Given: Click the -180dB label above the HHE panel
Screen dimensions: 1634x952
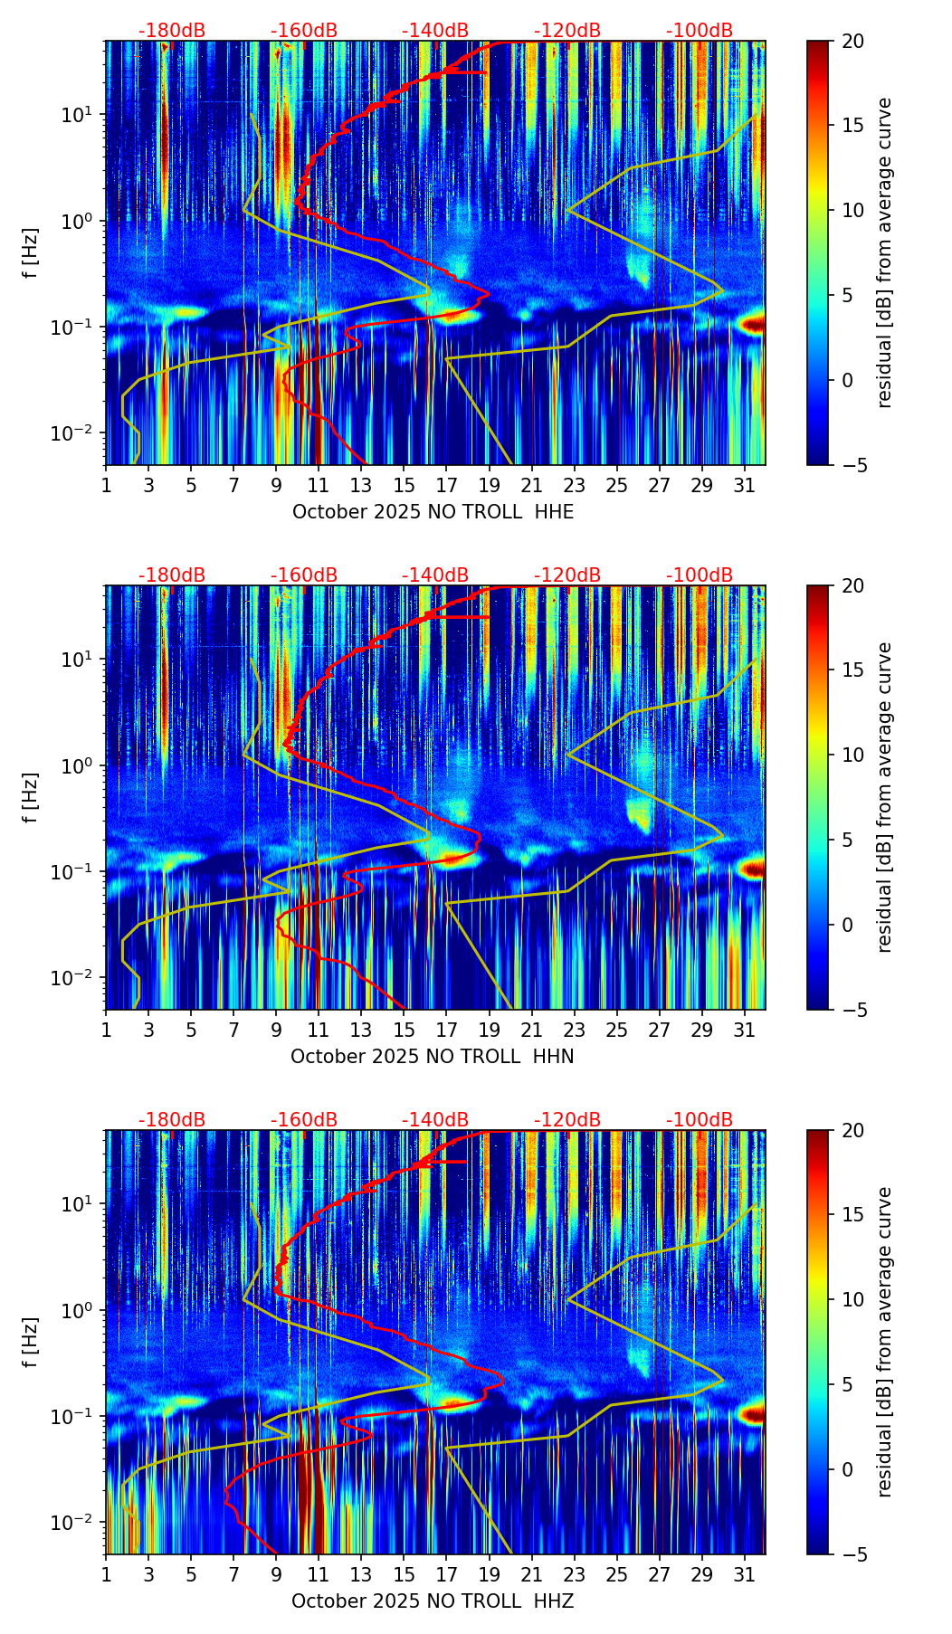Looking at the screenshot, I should [172, 31].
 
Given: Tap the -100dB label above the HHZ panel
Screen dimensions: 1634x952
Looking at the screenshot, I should [700, 1120].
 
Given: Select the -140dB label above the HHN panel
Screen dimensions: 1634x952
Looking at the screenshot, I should [435, 575].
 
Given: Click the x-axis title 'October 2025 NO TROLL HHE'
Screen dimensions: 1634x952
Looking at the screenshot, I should [433, 512].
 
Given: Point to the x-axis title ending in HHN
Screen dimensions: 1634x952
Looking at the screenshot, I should [433, 1057].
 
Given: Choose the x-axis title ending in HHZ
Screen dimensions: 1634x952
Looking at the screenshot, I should [433, 1601].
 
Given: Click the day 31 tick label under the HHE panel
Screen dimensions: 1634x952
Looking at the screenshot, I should [744, 486].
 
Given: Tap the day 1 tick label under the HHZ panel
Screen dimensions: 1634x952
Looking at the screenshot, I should [106, 1575].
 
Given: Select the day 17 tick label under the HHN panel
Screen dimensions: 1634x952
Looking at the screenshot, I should [446, 1031].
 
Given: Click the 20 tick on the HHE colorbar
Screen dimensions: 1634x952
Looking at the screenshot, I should [852, 41].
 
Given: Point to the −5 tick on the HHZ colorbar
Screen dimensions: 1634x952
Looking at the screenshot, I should [852, 1554].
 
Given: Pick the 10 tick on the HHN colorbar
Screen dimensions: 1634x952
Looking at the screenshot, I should [852, 755].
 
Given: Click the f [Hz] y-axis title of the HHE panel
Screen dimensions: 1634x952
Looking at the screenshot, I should [31, 253].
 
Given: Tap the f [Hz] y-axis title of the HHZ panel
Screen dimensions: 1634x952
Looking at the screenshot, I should [31, 1343].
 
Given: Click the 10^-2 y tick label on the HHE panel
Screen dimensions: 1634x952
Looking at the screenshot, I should [80, 433].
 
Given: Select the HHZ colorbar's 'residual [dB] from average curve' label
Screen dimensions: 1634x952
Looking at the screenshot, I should [885, 1342].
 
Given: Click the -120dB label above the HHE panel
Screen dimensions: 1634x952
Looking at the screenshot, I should [567, 31].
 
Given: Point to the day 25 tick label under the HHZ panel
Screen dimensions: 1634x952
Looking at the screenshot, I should [616, 1575].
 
